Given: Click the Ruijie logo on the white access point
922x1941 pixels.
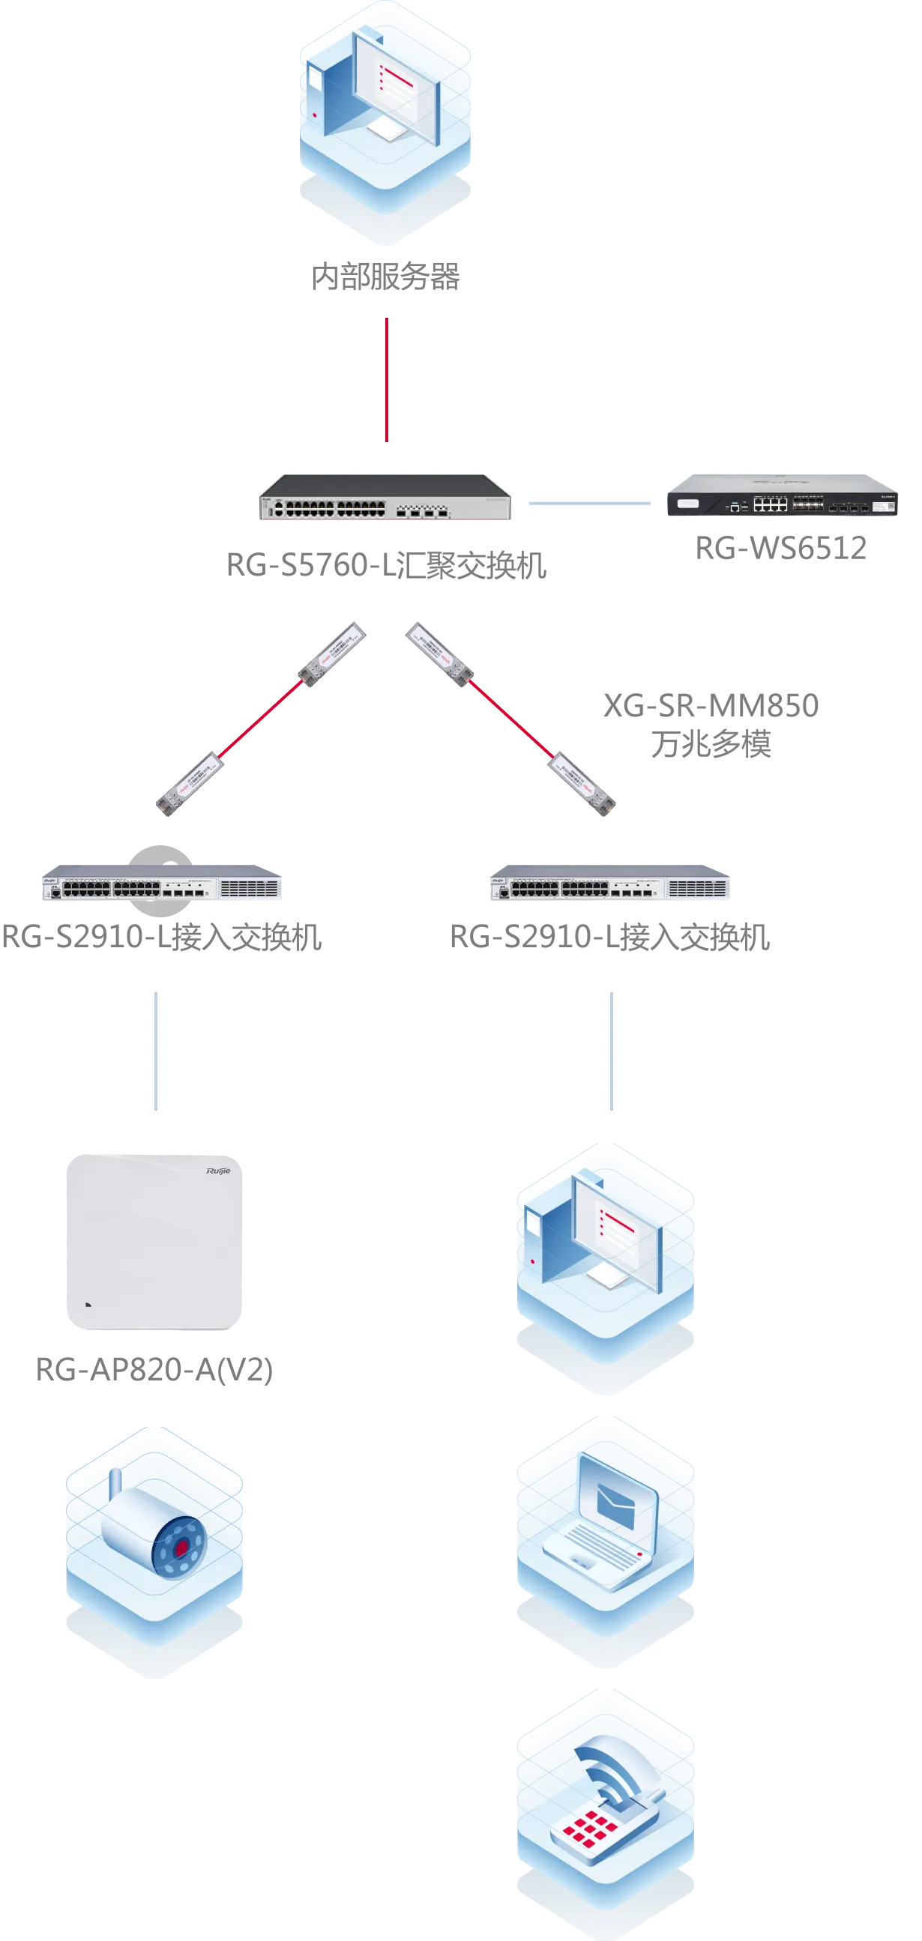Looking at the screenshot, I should click(x=218, y=1170).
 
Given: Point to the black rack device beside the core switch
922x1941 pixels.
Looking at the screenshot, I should click(x=782, y=498).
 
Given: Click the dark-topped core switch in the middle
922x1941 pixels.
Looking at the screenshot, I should click(x=386, y=498).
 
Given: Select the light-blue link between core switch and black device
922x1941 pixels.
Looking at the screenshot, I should click(x=589, y=504).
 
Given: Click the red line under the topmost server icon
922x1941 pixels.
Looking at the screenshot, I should click(x=387, y=380).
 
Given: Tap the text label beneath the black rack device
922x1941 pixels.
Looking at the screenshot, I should click(x=782, y=549).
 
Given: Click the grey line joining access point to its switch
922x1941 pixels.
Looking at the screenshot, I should click(x=156, y=1051).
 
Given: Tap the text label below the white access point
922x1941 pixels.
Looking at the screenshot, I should click(x=156, y=1371).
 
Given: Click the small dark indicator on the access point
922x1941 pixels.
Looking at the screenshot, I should click(x=88, y=1304).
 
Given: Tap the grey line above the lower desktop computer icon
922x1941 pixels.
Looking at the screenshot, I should click(x=612, y=1051).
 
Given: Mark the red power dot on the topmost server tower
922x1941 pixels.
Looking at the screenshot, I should click(x=314, y=115).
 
